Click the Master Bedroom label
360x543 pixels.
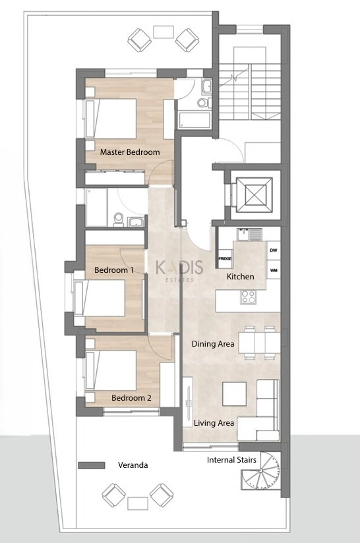(130, 152)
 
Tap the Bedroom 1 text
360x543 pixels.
(114, 270)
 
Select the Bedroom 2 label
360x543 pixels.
(131, 398)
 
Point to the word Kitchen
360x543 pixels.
(240, 277)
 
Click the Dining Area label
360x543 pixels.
(213, 344)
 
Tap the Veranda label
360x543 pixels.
(133, 465)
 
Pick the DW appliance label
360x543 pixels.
(273, 250)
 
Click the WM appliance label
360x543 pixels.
(273, 270)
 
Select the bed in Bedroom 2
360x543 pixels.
(111, 370)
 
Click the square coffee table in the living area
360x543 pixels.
(235, 394)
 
